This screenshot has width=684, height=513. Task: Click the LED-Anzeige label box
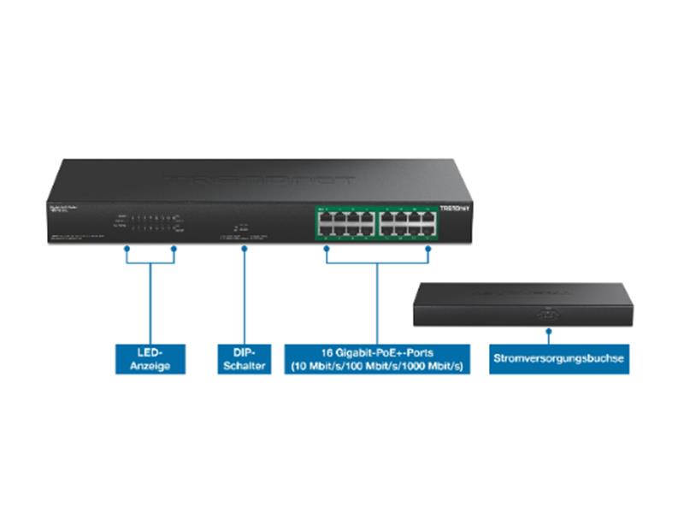click(x=150, y=359)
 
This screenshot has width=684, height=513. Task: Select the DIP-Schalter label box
click(x=244, y=359)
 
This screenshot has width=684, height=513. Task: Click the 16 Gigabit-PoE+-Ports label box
click(x=377, y=359)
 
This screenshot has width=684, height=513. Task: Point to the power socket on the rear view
click(x=548, y=314)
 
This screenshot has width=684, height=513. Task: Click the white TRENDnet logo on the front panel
click(x=455, y=208)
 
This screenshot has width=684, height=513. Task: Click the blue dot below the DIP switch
click(x=245, y=249)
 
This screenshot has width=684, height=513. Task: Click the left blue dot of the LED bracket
click(x=127, y=249)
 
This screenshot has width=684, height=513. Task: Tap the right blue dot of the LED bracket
click(x=174, y=249)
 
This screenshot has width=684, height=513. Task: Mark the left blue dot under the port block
click(x=326, y=249)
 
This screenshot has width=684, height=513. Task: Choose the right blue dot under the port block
click(x=428, y=249)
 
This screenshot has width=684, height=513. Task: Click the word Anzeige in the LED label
click(x=150, y=366)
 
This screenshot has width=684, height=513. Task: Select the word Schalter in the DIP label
click(x=244, y=366)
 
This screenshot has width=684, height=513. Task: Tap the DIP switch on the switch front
click(x=241, y=227)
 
